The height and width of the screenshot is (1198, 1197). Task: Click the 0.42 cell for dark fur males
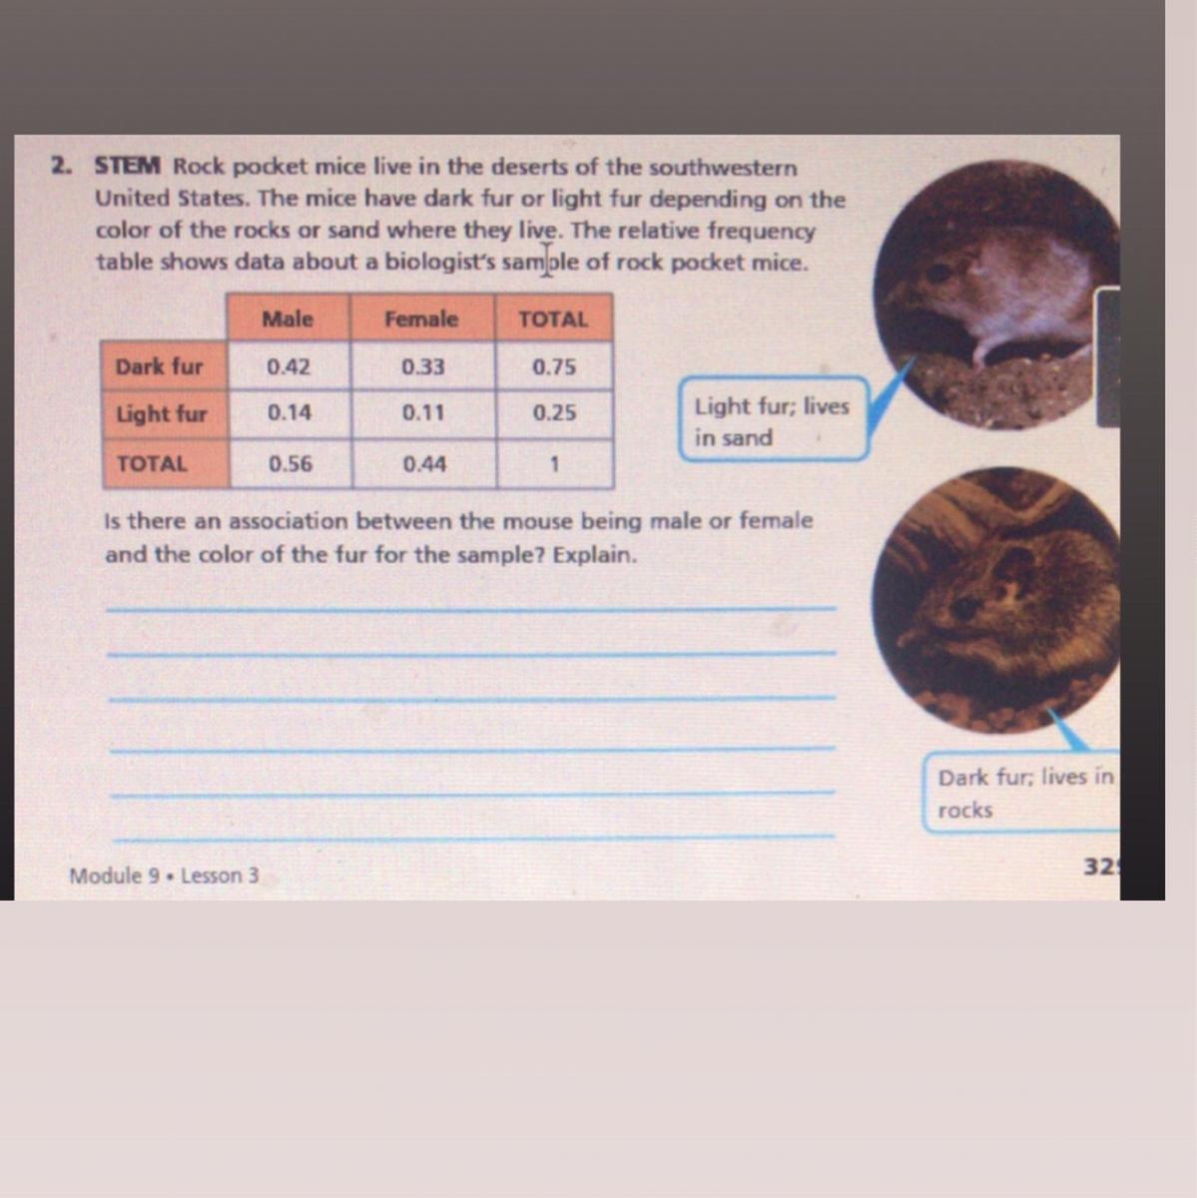coord(289,366)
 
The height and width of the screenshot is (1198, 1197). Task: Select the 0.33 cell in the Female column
coord(423,366)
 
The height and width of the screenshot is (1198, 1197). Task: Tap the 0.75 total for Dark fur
coord(554,366)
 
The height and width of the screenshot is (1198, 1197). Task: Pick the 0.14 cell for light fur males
coord(290,412)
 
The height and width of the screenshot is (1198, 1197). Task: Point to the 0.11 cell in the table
coord(423,412)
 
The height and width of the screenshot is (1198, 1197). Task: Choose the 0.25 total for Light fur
coord(554,412)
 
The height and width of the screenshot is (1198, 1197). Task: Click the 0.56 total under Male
coord(291,464)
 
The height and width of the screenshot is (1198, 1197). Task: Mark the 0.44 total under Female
coord(424,464)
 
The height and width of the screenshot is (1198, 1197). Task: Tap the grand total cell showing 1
coord(555,464)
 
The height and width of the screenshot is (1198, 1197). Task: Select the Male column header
coord(288,318)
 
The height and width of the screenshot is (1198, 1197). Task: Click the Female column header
coord(421,318)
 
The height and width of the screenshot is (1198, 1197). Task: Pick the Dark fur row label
coord(159,366)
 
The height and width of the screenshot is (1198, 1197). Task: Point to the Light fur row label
coord(161,414)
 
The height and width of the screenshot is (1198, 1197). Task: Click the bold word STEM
coord(128,166)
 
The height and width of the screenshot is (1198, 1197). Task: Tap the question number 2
coord(61,166)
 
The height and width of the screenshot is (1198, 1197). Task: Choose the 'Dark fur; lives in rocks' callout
coord(1023,793)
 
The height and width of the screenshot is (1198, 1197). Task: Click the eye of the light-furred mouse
coord(940,272)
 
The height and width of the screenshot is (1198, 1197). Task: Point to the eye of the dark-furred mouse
coord(965,607)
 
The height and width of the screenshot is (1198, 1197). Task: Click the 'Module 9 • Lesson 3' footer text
coord(164,876)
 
